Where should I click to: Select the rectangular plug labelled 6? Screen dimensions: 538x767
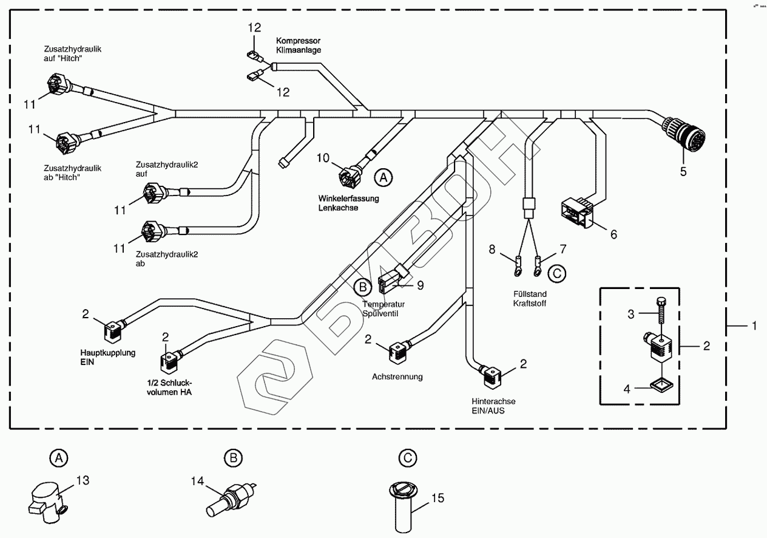click(x=577, y=213)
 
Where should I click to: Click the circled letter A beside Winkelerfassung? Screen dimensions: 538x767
click(x=382, y=177)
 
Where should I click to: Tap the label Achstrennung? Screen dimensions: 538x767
click(x=397, y=376)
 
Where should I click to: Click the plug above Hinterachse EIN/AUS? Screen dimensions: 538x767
click(x=491, y=375)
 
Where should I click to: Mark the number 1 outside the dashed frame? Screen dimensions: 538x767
click(x=754, y=326)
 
